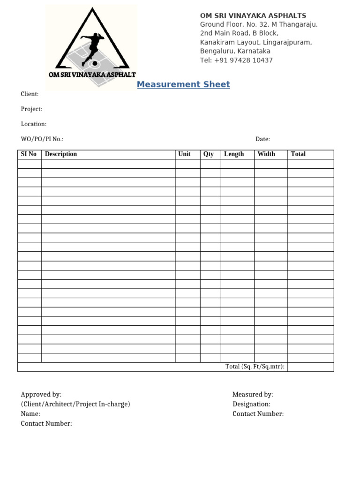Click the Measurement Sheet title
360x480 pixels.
pyautogui.click(x=183, y=84)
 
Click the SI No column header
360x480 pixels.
pyautogui.click(x=28, y=154)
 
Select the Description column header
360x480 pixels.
pyautogui.click(x=61, y=154)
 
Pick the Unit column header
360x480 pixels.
pyautogui.click(x=184, y=154)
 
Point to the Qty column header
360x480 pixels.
pyautogui.click(x=209, y=154)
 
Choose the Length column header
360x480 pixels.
pyautogui.click(x=234, y=154)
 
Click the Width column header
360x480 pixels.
pyautogui.click(x=266, y=154)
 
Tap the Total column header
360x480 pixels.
pyautogui.click(x=298, y=154)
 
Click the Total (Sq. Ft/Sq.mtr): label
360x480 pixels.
pyautogui.click(x=255, y=367)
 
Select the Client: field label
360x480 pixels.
pyautogui.click(x=30, y=94)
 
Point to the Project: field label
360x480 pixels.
pyautogui.click(x=31, y=109)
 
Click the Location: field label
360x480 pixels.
pyautogui.click(x=33, y=124)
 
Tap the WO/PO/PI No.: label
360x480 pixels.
pyautogui.click(x=42, y=139)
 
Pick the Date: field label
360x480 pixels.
pyautogui.click(x=262, y=139)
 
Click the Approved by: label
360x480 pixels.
pyautogui.click(x=41, y=395)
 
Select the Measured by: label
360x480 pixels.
pyautogui.click(x=253, y=395)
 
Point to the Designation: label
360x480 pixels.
pyautogui.click(x=251, y=404)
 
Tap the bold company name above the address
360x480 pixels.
pyautogui.click(x=253, y=15)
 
